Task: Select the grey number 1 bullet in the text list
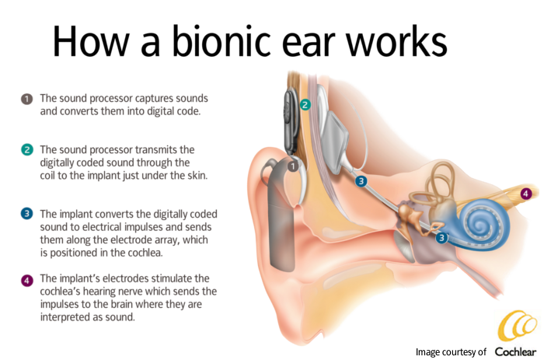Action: click(26, 100)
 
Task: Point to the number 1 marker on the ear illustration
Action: click(293, 166)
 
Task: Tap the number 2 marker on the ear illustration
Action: click(305, 104)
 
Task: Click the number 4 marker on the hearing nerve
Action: click(525, 193)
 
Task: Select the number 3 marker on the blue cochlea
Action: click(441, 238)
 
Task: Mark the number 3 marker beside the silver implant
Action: click(361, 181)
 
